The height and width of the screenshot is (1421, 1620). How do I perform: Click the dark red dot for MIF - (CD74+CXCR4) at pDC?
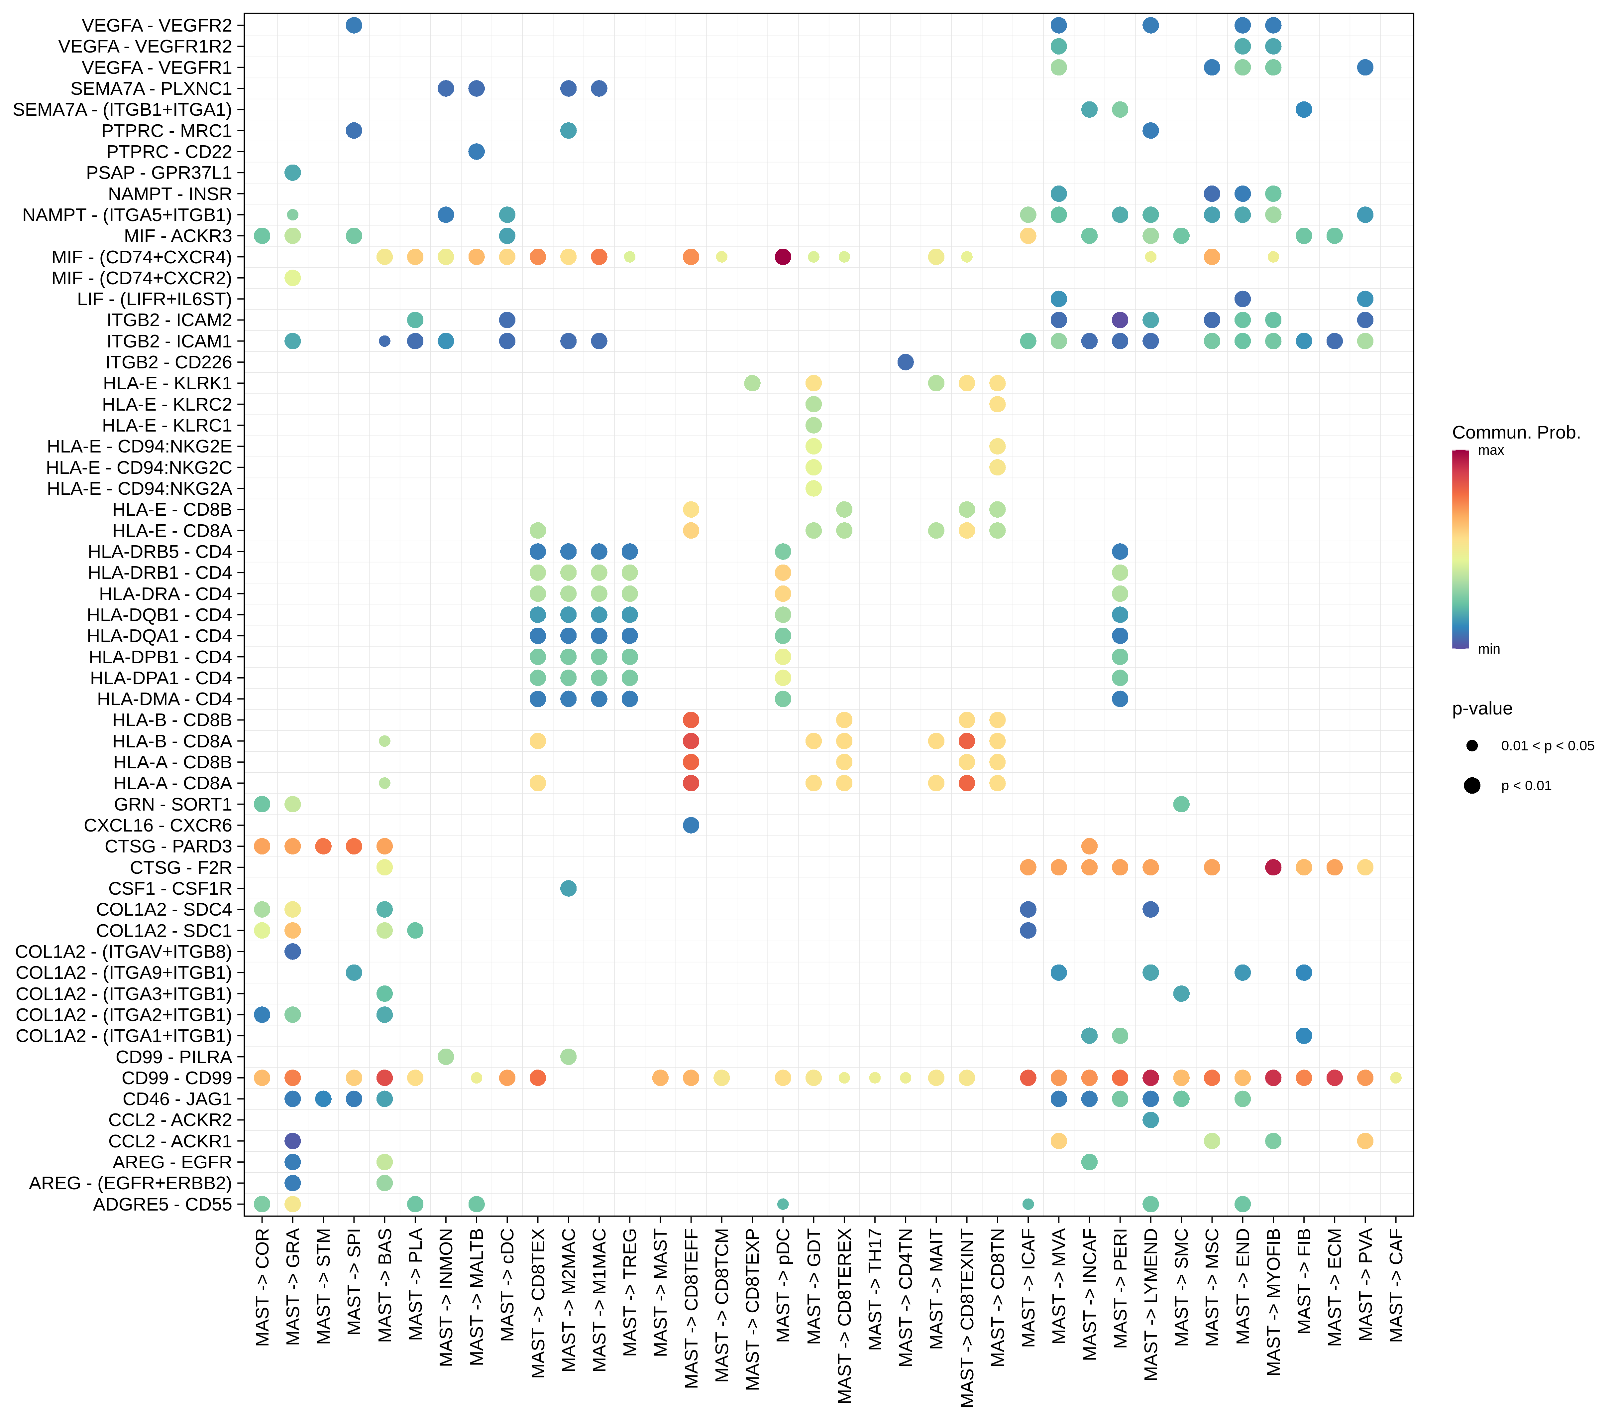coord(783,257)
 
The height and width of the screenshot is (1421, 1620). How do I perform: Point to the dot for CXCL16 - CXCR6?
coord(691,826)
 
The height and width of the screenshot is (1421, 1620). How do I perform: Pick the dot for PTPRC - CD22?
coord(476,152)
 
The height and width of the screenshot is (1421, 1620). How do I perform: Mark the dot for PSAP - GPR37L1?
coord(292,173)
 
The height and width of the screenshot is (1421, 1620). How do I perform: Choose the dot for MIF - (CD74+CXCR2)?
coord(292,278)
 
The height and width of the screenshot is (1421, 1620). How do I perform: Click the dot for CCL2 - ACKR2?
coord(1151,1120)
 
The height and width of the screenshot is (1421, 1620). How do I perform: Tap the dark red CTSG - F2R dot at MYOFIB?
coord(1274,867)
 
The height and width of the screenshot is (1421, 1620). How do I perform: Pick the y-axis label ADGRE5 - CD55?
coord(162,1205)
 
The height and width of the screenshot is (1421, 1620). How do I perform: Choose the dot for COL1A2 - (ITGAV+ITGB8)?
coord(292,952)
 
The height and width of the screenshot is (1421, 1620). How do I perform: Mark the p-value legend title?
coord(1481,709)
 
